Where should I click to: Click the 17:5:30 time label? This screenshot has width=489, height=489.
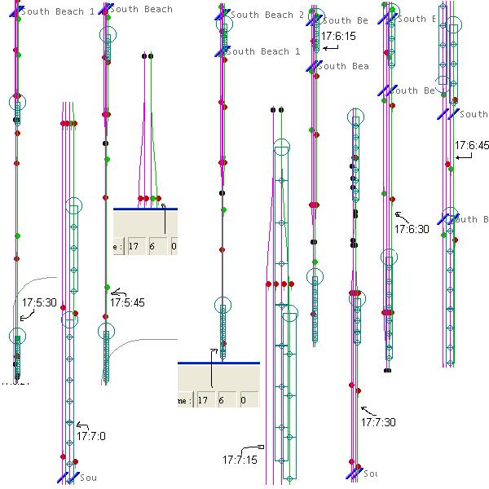pos(39,302)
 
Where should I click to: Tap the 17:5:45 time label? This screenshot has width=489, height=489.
pos(127,302)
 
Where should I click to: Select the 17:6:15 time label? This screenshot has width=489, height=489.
pos(338,37)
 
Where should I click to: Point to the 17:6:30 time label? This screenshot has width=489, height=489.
pos(412,230)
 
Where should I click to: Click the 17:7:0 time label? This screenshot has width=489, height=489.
pos(91,436)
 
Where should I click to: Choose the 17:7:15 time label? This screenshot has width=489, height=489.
pos(240,460)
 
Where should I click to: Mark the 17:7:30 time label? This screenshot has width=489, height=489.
pos(378,422)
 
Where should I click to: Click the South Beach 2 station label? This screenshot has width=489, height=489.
pos(267,15)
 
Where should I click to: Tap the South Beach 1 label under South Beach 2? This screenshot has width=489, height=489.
pos(262,51)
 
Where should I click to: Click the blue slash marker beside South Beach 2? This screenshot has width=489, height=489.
pos(222,15)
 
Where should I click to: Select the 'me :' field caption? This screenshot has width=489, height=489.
pos(186,400)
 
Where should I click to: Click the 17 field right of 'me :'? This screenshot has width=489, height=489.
pos(204,400)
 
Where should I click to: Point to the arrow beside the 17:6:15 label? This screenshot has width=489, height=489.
pos(331,49)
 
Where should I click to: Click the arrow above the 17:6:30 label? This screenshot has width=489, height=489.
pos(399,215)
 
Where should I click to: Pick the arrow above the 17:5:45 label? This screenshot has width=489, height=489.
pos(117,293)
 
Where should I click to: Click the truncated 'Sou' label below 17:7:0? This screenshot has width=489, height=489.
pos(87,478)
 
